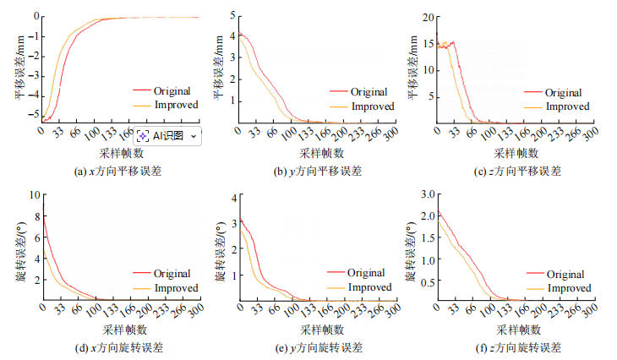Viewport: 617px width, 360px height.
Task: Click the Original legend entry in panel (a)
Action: pyautogui.click(x=172, y=91)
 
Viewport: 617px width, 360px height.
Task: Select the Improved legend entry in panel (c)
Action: pyautogui.click(x=566, y=106)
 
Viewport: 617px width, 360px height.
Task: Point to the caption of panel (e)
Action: pyautogui.click(x=318, y=347)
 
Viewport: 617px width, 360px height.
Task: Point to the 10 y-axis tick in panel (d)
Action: pyautogui.click(x=33, y=194)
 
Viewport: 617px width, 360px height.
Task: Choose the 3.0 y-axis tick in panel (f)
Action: pyautogui.click(x=426, y=194)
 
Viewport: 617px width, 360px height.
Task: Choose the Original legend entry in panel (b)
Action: pyautogui.click(x=369, y=91)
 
